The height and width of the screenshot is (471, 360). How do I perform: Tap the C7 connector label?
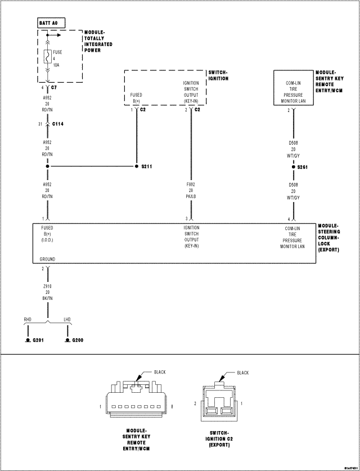54,88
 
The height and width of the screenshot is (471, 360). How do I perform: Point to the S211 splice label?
148,167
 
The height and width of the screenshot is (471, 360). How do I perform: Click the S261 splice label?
303,167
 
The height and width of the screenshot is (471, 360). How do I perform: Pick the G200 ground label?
78,341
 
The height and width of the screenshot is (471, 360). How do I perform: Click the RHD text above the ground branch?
28,320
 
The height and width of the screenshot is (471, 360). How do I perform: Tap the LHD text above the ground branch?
67,320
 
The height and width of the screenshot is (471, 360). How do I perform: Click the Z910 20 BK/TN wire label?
48,292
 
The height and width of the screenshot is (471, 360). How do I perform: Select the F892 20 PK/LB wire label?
191,190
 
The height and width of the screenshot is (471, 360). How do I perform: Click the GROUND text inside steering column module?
47,259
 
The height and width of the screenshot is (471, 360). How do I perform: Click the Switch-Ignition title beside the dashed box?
218,75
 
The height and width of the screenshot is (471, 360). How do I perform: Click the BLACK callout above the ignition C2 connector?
243,373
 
